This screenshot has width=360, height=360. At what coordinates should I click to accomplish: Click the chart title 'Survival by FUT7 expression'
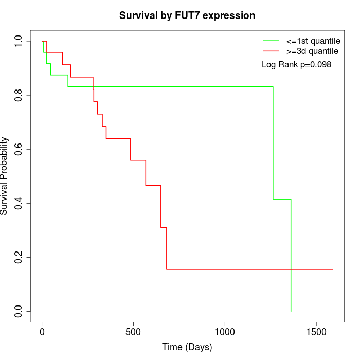coord(187,16)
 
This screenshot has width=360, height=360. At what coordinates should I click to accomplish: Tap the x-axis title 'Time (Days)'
coord(187,347)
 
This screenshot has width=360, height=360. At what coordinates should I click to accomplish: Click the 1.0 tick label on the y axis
coord(19,41)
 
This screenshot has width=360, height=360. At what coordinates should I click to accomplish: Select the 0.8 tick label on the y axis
coord(19,95)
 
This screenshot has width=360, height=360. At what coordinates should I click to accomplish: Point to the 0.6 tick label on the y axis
coord(19,149)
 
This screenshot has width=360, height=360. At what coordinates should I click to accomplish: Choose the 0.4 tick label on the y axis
coord(19,203)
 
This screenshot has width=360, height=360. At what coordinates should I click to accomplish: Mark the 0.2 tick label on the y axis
coord(19,257)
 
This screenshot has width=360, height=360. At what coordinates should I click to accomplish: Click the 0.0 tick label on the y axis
coord(19,311)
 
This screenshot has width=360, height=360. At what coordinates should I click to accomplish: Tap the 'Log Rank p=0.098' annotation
coord(296,65)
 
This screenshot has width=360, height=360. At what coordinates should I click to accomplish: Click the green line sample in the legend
coord(271,40)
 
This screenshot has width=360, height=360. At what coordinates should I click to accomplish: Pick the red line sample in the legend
coord(271,51)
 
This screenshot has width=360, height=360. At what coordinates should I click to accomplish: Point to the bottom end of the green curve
coord(291,311)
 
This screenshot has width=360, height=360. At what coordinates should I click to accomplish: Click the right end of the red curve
coord(333,269)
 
